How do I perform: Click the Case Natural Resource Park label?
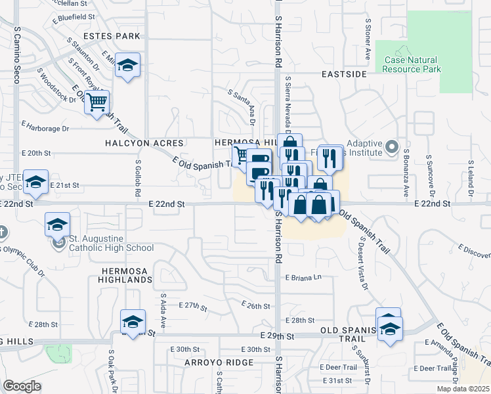[411, 64]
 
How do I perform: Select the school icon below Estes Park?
[128, 65]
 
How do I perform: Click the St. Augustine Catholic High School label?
[104, 243]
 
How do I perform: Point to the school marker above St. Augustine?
[58, 225]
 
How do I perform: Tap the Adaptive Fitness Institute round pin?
[392, 146]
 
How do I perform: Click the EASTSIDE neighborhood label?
[344, 74]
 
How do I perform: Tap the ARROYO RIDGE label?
[219, 362]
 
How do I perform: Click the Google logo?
[22, 386]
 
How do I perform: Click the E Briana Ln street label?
[304, 277]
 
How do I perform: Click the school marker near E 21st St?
[35, 182]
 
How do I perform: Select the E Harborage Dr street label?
[45, 125]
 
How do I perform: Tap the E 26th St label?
[256, 305]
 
